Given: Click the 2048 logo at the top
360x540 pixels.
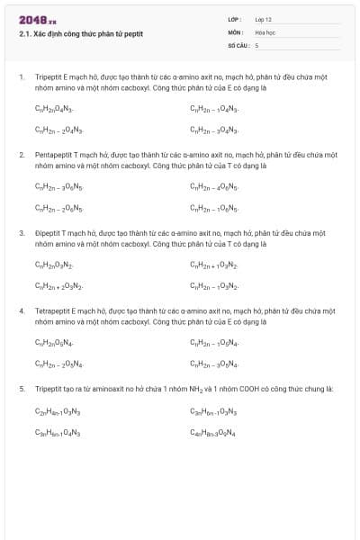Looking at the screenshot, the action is [38, 20].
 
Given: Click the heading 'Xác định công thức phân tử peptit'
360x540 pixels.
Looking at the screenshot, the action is [81, 34].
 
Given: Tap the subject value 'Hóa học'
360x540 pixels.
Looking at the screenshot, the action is [265, 31].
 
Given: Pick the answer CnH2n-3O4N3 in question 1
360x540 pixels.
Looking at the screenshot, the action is [214, 130].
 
